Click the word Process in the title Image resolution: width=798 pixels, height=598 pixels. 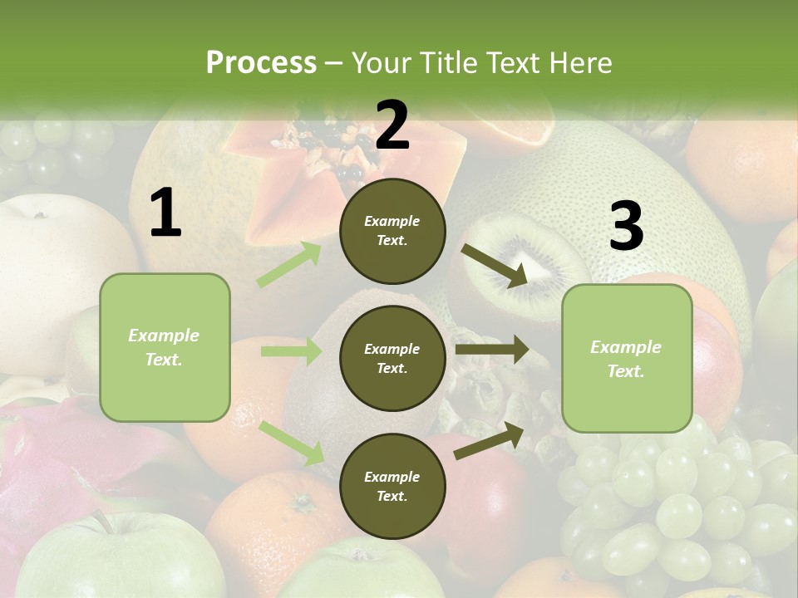click(261, 62)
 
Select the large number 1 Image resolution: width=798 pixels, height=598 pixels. click(165, 214)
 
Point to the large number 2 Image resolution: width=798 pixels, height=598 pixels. click(392, 125)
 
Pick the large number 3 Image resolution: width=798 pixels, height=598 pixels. click(626, 227)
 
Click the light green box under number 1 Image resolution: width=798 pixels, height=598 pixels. click(165, 347)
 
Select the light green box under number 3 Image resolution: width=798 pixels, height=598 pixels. click(627, 358)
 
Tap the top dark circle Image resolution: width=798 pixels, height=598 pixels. click(392, 231)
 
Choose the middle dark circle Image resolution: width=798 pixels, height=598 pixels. click(392, 358)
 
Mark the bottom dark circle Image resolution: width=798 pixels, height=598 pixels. click(392, 486)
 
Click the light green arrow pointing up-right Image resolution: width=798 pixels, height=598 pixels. click(288, 265)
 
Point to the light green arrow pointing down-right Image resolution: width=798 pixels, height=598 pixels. click(292, 443)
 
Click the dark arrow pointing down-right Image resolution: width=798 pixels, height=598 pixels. click(494, 266)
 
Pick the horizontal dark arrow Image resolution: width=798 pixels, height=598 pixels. click(491, 350)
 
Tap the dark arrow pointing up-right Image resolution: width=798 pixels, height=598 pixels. click(490, 440)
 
